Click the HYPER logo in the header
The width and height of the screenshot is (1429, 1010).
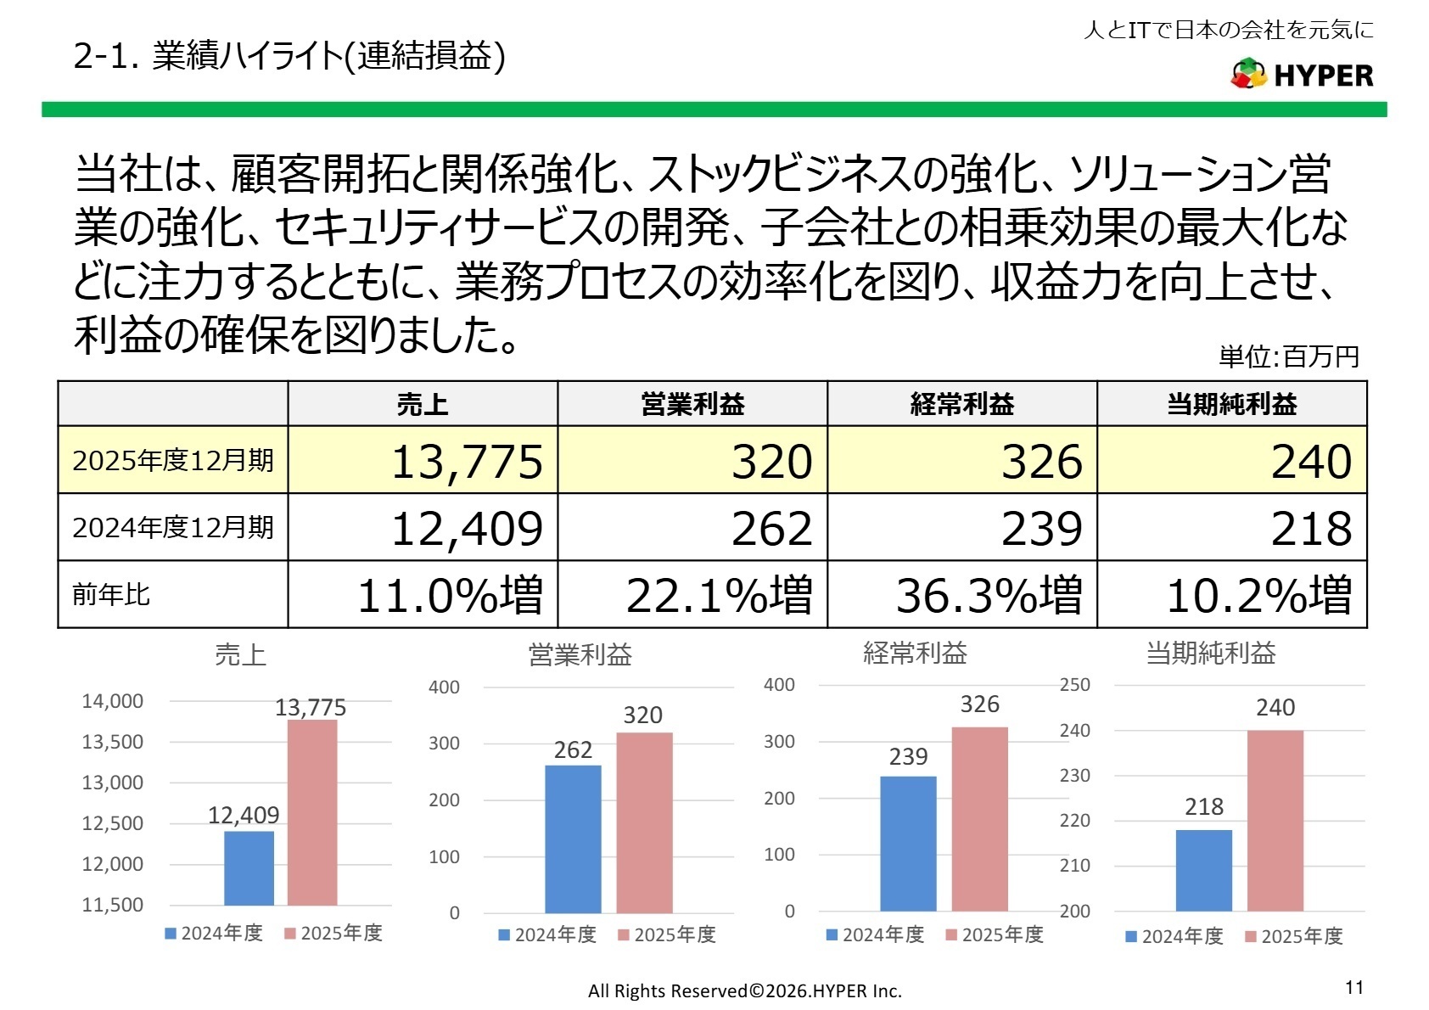(x=1302, y=75)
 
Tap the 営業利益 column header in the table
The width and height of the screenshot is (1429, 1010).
(x=692, y=404)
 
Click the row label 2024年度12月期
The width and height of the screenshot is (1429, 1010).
(x=173, y=528)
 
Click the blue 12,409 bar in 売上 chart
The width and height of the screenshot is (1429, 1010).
(x=249, y=867)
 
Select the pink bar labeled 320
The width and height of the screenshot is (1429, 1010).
(x=644, y=822)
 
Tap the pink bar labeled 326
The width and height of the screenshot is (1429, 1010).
(x=979, y=818)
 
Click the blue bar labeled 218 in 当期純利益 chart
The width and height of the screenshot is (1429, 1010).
(x=1203, y=870)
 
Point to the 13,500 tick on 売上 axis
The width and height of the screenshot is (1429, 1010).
(x=112, y=742)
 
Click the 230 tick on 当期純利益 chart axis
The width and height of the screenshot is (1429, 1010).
(x=1074, y=776)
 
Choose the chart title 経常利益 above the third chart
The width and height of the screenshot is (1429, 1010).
(x=915, y=653)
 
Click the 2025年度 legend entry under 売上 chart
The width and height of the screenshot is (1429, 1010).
(x=333, y=934)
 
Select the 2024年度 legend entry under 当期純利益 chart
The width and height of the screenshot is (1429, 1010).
(x=1174, y=936)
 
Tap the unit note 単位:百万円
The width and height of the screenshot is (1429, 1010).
(x=1288, y=356)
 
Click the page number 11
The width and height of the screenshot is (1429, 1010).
(x=1353, y=987)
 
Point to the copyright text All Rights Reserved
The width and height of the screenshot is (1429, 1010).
(x=744, y=990)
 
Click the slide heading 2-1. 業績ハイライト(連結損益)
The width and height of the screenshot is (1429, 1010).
(x=289, y=56)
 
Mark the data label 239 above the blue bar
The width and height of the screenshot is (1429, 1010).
(x=908, y=756)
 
